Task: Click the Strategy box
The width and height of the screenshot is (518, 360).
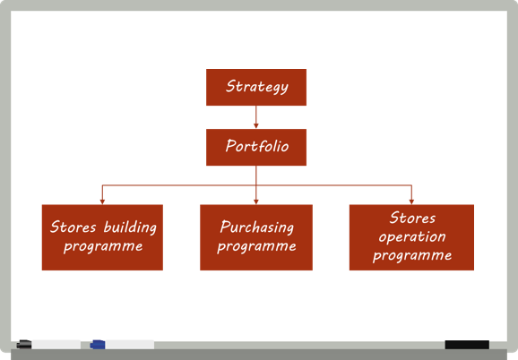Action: (x=256, y=87)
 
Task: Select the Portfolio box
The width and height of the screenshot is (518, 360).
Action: (x=256, y=147)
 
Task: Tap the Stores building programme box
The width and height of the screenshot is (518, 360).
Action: (x=102, y=237)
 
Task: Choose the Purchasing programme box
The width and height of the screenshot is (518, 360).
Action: (x=256, y=237)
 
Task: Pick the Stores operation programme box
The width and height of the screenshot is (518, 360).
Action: (x=411, y=237)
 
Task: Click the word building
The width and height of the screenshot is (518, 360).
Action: (x=130, y=227)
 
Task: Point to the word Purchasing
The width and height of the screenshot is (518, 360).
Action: (x=257, y=227)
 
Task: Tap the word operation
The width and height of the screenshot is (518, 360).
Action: (x=412, y=237)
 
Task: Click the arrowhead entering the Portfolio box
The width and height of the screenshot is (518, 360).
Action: (x=256, y=126)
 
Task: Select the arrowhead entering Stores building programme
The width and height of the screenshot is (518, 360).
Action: (x=102, y=201)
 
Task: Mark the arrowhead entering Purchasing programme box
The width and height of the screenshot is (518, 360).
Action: (x=256, y=201)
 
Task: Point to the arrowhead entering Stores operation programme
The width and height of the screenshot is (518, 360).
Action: (x=411, y=201)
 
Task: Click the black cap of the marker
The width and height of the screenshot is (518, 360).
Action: (x=24, y=345)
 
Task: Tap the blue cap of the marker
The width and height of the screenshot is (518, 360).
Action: (x=98, y=345)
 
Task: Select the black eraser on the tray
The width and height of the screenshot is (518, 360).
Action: (x=467, y=345)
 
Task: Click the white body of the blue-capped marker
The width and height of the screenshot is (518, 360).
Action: (x=129, y=345)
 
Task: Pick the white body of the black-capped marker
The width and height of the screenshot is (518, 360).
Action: (x=56, y=345)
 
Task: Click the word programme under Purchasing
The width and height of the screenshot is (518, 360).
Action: (x=256, y=247)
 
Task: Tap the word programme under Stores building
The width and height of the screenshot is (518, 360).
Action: (x=103, y=247)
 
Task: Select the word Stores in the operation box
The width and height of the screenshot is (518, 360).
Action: (x=412, y=219)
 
